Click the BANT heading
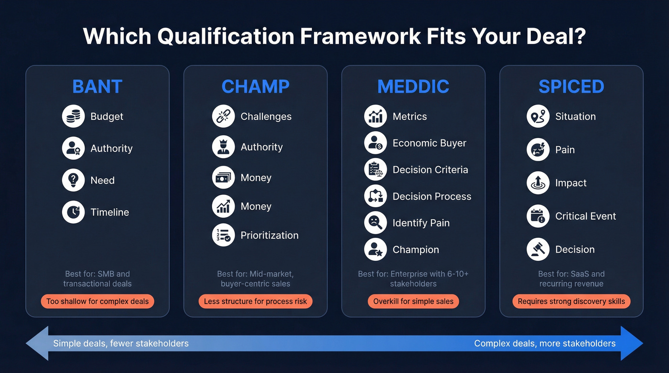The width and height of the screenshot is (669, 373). (x=97, y=86)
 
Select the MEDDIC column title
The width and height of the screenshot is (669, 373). (x=413, y=86)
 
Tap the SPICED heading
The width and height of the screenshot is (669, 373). (x=571, y=86)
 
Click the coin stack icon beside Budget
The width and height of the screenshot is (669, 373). (x=73, y=117)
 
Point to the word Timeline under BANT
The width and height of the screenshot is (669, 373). (x=110, y=212)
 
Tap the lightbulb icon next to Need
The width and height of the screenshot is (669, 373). (x=73, y=181)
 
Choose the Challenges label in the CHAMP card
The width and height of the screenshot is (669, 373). (x=266, y=117)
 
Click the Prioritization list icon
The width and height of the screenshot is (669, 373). (x=223, y=235)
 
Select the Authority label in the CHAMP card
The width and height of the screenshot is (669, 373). (x=261, y=147)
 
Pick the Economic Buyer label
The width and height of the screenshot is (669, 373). (x=429, y=143)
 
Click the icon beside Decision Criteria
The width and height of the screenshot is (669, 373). (x=375, y=170)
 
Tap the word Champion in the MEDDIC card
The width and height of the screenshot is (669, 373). (x=415, y=250)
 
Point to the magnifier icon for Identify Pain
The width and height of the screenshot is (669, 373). (x=375, y=223)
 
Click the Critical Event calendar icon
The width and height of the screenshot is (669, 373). (x=538, y=216)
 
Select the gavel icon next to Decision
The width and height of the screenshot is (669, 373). (x=538, y=249)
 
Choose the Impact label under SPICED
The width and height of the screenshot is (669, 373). (x=571, y=183)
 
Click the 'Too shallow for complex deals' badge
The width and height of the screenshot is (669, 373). (x=97, y=301)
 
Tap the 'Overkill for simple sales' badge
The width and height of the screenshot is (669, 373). (x=413, y=301)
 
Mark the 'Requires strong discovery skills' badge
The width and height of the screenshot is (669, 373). (x=571, y=301)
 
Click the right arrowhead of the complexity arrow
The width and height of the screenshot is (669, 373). (x=632, y=343)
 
